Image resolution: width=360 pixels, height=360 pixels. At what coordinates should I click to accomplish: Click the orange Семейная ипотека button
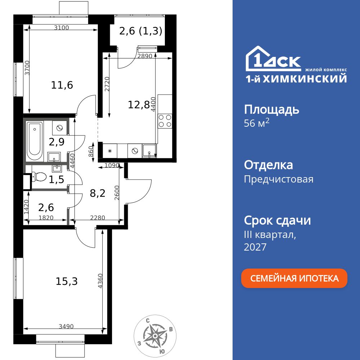point(294,278)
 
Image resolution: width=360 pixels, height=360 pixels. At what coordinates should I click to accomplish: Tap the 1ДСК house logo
point(273,59)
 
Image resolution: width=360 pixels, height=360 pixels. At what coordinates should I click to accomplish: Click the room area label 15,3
point(67,281)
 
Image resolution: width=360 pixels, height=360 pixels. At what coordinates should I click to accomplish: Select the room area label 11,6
point(62,85)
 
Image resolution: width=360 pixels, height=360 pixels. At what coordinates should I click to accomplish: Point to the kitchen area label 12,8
point(139,105)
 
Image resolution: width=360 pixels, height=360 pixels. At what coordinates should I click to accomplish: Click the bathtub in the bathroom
point(35,142)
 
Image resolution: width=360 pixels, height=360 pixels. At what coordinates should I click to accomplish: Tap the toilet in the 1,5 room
point(39,177)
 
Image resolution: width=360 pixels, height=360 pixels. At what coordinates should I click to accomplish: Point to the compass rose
point(155,336)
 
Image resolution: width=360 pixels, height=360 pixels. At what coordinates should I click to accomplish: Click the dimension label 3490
point(66,327)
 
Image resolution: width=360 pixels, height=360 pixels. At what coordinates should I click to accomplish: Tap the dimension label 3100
point(62,28)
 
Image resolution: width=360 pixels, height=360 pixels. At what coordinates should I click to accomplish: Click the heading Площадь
point(271,109)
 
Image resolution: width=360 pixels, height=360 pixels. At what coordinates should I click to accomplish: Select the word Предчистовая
point(279,179)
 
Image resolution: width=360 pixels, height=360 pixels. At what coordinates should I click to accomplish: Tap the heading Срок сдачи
point(277,220)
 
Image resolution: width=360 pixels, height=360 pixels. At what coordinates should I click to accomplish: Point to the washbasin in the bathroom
point(54,157)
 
